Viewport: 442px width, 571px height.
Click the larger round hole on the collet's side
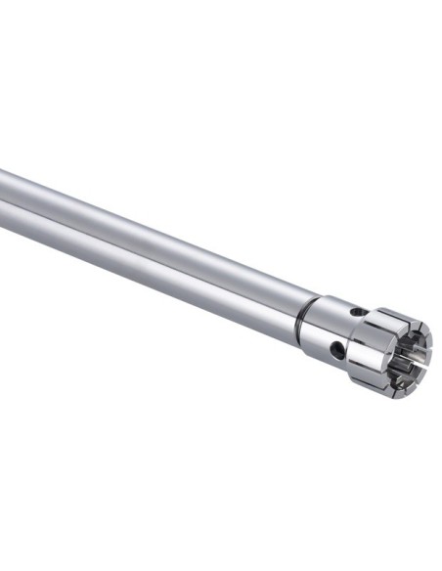[338, 348]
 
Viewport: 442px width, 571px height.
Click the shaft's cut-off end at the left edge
[3, 192]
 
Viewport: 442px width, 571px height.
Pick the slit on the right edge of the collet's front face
[428, 342]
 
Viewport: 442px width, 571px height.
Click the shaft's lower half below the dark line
[147, 262]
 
